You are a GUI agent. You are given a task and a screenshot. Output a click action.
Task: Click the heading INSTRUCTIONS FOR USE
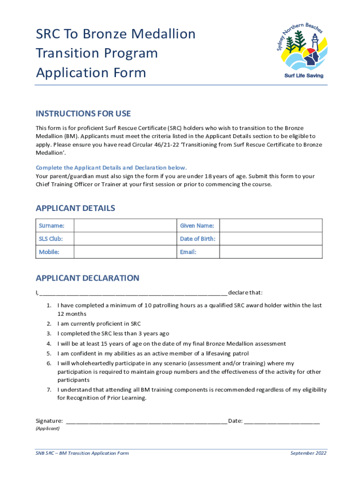83,114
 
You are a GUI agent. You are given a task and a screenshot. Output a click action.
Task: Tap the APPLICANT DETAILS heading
75,208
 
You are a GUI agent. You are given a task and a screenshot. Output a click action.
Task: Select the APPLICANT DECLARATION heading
87,278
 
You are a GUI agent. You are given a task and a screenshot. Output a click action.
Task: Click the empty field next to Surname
125,226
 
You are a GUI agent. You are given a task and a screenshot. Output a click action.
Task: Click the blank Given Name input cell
271,226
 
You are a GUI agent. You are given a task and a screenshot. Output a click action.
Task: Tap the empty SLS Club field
125,239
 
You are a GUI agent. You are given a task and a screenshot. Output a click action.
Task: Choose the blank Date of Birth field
271,239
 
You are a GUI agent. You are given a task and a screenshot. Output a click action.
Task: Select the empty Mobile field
125,252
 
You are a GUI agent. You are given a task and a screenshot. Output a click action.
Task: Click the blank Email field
271,252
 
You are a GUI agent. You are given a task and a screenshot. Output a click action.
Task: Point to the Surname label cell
55,226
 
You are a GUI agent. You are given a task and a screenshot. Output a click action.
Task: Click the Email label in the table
188,252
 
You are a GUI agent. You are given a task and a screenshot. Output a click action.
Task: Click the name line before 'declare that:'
134,293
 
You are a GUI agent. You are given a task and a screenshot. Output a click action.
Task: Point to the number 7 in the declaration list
49,390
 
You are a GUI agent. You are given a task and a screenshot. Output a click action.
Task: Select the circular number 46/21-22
169,145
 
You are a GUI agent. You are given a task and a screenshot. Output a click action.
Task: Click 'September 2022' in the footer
308,453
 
